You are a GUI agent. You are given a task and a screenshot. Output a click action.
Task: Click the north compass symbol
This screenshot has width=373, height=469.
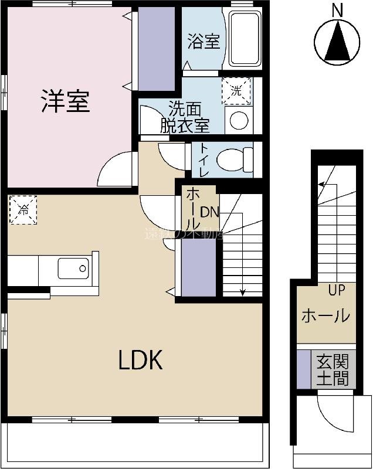click(x=337, y=40)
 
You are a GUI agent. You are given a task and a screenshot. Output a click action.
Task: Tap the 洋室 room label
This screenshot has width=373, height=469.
click(x=65, y=101)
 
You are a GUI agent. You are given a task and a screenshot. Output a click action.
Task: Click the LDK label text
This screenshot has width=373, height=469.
click(x=140, y=361)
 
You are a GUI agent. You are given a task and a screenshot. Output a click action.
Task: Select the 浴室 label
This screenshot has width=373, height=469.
click(x=204, y=42)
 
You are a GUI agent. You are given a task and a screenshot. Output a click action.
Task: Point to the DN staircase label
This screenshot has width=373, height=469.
click(x=209, y=212)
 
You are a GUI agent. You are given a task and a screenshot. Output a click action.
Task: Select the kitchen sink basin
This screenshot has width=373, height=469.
click(x=73, y=269)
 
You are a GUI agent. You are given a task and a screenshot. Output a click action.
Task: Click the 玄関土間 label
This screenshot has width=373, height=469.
click(x=332, y=369)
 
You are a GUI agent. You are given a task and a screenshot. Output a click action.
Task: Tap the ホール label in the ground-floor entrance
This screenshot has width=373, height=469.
click(x=325, y=316)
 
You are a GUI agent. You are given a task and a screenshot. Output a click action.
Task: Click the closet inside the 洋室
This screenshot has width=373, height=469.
click(x=156, y=49)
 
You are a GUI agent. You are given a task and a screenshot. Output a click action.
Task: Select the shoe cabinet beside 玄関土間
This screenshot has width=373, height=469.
click(x=303, y=369)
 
